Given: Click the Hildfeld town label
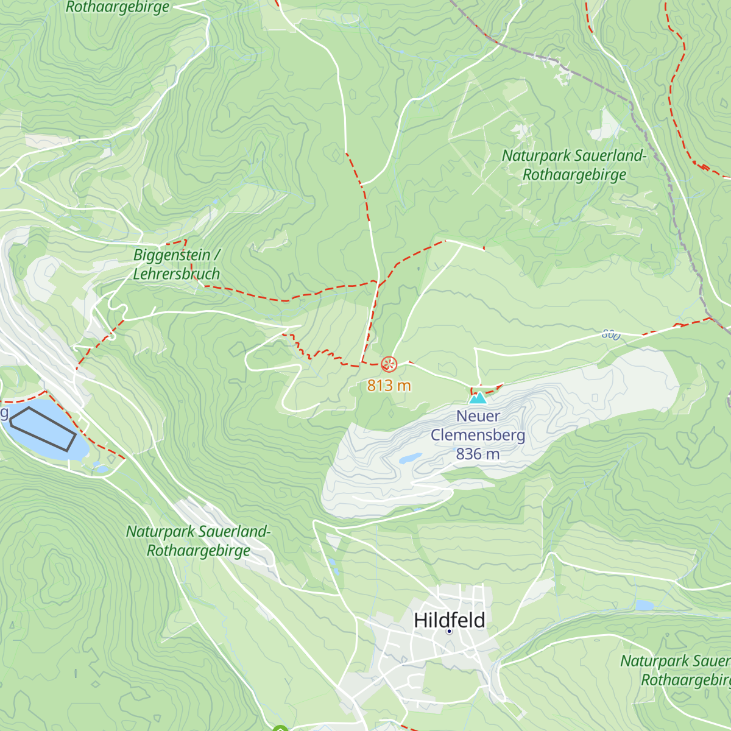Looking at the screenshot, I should pos(450,620).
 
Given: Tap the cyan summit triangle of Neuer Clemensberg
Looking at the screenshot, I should pos(478,398).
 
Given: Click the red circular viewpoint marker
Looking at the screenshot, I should pos(389,365).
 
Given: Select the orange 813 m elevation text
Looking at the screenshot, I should pos(389,386).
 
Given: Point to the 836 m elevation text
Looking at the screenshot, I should pos(478,454).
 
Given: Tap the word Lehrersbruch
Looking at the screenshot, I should pos(176,274).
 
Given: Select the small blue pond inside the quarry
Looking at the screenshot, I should pos(410,457).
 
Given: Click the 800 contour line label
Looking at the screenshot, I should pos(611,334).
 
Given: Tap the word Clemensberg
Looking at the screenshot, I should pos(478,435).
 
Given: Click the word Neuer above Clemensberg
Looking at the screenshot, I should pos(478,416).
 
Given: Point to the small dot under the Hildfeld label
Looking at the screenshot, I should pos(449,632).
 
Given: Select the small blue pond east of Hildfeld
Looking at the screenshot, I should pos(644,606).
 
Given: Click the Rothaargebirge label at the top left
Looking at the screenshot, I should pos(118,7).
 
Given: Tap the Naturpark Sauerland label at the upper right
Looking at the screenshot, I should pos(574,156).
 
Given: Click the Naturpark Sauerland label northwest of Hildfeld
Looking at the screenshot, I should pos(198,532).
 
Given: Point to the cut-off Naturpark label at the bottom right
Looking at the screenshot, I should pos(675,661).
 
